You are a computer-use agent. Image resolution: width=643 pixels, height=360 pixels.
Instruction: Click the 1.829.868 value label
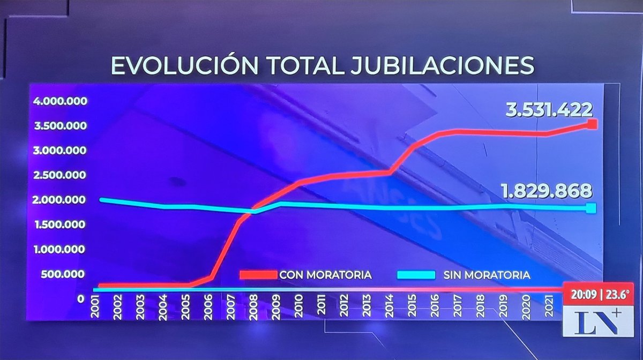(546, 191)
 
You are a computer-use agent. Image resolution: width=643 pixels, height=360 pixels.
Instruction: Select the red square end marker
(592, 124)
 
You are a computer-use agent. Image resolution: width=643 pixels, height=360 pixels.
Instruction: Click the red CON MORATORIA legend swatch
(257, 275)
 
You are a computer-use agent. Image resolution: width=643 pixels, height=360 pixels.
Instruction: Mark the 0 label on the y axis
(80, 299)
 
